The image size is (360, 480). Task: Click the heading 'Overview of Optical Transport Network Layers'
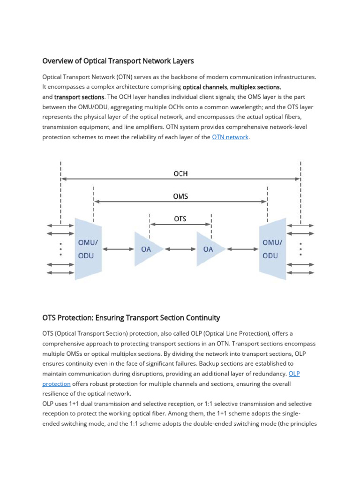(118, 61)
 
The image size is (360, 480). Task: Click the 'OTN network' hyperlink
(230, 137)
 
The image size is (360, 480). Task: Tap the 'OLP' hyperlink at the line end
(294, 373)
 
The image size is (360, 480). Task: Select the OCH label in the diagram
(180, 173)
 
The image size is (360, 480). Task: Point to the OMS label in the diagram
(180, 196)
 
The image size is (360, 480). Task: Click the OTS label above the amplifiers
(180, 219)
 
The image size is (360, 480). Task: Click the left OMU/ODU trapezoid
(88, 249)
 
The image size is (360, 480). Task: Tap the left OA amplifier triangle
(148, 249)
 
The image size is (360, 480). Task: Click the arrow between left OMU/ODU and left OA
(119, 249)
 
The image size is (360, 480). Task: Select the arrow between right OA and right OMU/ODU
(242, 249)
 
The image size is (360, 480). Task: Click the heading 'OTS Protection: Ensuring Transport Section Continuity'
(131, 318)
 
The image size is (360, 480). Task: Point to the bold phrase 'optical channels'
(204, 87)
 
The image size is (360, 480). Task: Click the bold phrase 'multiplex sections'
(255, 87)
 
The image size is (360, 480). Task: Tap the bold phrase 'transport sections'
(79, 97)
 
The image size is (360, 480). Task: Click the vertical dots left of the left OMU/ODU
(61, 249)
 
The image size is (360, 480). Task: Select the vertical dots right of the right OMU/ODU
(300, 249)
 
